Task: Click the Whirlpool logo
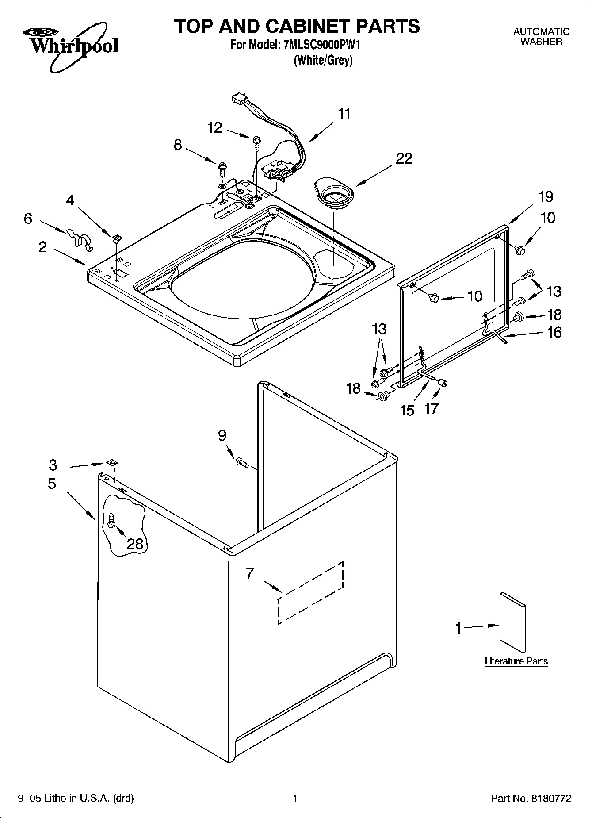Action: coord(71,46)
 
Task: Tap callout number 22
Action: coord(404,158)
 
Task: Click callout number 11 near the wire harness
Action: coord(344,114)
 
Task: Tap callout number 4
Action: coord(70,200)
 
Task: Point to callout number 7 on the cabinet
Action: coord(250,573)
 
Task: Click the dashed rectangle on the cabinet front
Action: coord(310,593)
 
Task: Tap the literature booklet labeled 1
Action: coord(512,623)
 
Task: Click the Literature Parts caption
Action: coord(516,661)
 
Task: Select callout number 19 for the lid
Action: coord(546,197)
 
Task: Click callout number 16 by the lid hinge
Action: coord(554,332)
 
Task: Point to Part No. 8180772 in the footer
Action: coord(531,799)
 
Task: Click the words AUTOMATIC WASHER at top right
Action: coord(541,37)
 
